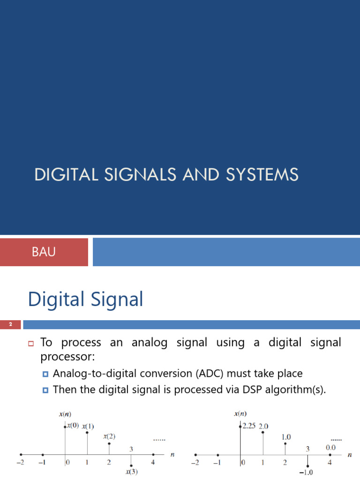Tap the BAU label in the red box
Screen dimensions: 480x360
click(x=44, y=252)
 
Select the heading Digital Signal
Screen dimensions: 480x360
click(x=85, y=299)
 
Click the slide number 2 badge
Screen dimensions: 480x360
click(x=10, y=324)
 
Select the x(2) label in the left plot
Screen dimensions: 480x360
click(x=109, y=436)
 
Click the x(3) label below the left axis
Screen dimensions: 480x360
click(x=131, y=472)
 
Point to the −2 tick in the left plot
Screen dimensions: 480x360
click(x=20, y=463)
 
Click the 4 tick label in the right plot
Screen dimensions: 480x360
click(x=330, y=463)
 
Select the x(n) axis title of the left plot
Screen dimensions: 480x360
click(x=64, y=414)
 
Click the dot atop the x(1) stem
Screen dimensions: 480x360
click(x=87, y=432)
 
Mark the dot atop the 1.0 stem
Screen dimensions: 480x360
click(x=285, y=443)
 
